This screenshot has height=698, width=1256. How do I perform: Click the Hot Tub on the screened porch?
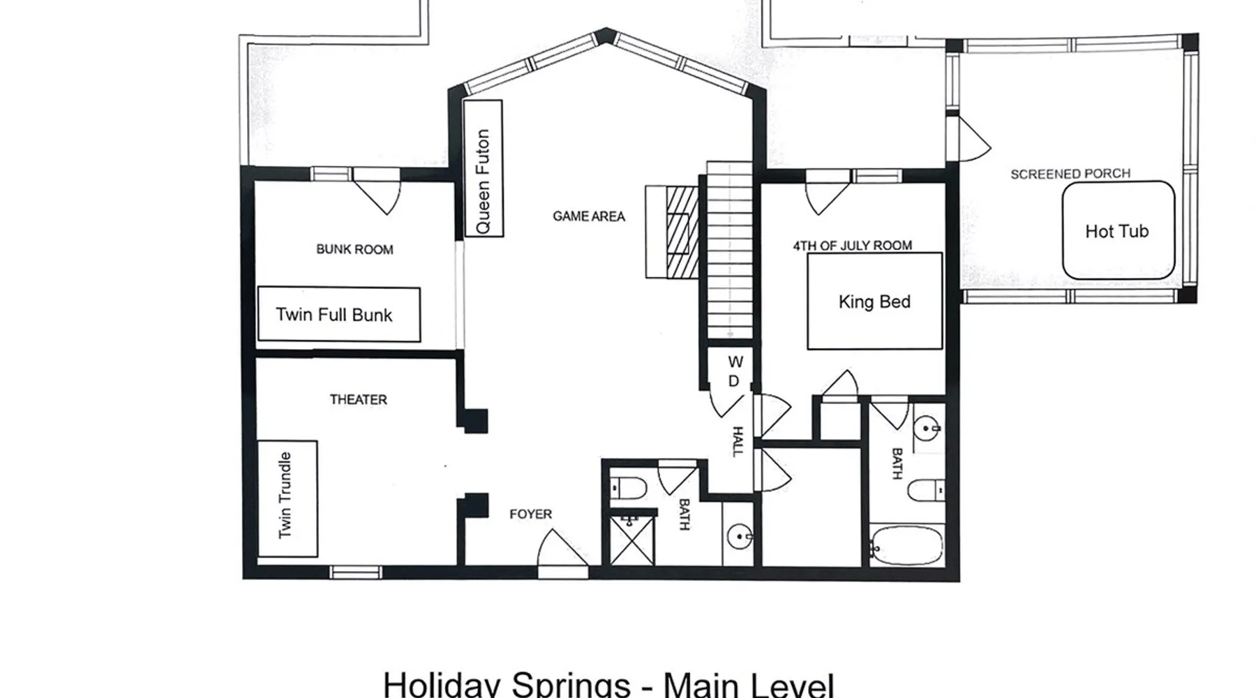(1118, 230)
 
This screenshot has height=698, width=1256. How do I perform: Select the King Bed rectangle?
(874, 301)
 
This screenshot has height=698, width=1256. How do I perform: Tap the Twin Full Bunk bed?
(339, 314)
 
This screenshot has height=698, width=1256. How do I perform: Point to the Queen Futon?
(483, 168)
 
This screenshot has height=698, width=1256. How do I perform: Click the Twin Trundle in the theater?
(287, 498)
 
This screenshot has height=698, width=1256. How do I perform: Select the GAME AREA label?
(589, 216)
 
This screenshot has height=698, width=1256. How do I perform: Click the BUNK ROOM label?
(354, 249)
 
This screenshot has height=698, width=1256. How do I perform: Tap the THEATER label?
(359, 399)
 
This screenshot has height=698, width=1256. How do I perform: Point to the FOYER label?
(530, 514)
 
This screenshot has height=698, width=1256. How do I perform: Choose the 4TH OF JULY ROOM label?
(852, 246)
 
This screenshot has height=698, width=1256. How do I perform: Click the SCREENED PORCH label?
(1070, 174)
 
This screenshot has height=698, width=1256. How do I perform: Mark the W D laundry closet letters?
(735, 371)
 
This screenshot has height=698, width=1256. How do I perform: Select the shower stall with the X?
(633, 539)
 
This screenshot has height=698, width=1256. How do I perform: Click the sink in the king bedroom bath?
(928, 427)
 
